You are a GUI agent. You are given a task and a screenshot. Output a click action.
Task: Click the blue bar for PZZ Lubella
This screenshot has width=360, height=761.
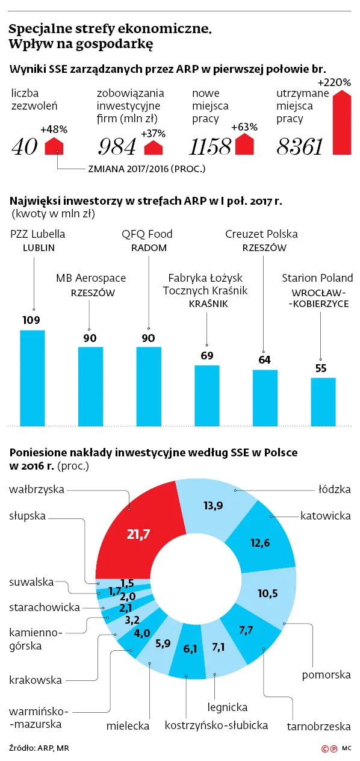[33, 377]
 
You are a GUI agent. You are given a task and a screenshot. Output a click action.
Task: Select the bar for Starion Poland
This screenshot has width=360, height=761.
[323, 402]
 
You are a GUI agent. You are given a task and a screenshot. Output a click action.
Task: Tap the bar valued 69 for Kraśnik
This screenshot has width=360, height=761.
[207, 396]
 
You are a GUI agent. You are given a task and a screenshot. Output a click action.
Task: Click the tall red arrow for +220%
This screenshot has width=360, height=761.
[342, 122]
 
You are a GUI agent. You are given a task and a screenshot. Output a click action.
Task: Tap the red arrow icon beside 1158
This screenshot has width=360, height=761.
[244, 144]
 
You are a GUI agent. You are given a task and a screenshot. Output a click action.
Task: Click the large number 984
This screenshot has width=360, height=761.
[117, 147]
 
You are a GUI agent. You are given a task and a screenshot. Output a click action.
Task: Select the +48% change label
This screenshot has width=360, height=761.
[54, 129]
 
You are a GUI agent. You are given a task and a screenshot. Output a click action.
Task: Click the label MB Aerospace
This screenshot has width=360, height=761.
[91, 278]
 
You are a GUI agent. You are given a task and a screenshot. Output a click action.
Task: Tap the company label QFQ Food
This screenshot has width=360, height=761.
[147, 234]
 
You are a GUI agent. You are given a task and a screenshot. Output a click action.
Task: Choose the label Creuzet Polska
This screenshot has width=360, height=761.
[261, 234]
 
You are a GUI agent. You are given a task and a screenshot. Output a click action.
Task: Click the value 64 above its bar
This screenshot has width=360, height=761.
[264, 359]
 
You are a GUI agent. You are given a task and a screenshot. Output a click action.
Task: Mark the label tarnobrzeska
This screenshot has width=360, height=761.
[319, 726]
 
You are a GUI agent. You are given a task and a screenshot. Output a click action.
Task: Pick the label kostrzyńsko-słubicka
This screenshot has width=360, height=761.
[216, 725]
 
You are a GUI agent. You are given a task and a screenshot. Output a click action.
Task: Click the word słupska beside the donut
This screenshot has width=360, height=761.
[27, 516]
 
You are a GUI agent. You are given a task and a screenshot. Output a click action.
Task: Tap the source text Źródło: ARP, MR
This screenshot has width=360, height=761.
[39, 748]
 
